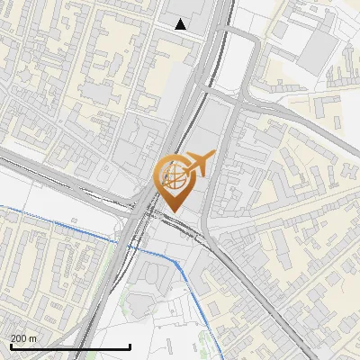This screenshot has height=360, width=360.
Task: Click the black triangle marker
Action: (181, 24)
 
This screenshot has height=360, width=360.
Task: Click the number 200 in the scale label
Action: (20, 338)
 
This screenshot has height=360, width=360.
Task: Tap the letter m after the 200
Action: (33, 338)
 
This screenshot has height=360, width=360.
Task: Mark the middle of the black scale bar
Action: (70, 347)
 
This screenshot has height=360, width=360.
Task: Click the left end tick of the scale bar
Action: (10, 346)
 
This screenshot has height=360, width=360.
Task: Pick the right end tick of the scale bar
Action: (130, 346)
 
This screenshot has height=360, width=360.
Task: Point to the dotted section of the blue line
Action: (54, 220)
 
